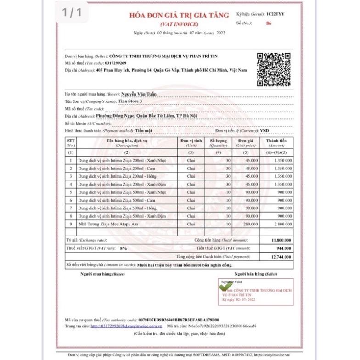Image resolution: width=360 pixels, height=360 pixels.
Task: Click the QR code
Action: pos(273,69)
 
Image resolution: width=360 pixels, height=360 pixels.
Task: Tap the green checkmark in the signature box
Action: pos(225,286)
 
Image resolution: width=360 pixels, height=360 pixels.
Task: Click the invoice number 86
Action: pos(269,23)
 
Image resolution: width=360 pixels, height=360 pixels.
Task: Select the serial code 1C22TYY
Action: pos(276,14)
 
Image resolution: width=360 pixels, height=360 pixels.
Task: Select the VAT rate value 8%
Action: pos(123,248)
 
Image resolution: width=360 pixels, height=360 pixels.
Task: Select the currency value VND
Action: pos(264,131)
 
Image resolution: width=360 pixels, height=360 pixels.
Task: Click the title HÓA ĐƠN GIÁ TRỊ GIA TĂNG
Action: pos(179,15)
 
